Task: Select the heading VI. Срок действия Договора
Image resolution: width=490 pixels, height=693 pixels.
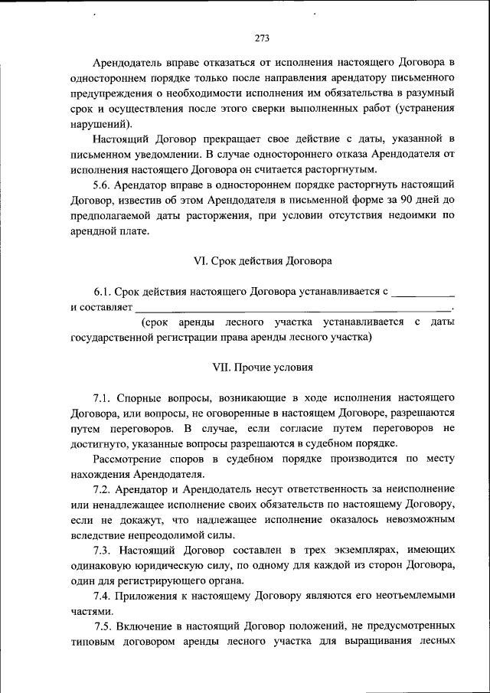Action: point(263,261)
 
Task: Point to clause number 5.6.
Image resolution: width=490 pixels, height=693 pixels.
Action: point(103,185)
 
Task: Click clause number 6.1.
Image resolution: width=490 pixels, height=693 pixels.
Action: point(103,292)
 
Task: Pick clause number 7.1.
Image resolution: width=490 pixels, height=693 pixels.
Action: point(103,399)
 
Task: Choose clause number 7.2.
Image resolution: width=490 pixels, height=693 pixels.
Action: point(103,489)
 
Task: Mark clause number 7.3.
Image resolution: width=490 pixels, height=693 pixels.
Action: point(103,551)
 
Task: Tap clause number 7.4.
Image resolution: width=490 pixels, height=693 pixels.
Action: point(103,597)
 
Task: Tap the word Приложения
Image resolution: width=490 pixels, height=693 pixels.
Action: point(158,597)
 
